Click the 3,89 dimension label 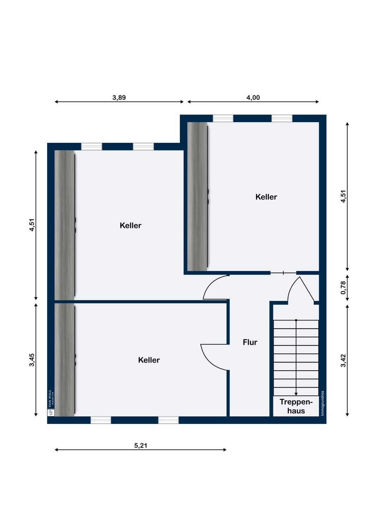pyautogui.click(x=119, y=97)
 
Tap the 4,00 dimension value pyautogui.click(x=253, y=97)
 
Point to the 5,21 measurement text pyautogui.click(x=140, y=446)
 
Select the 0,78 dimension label pyautogui.click(x=343, y=288)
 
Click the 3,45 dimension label pyautogui.click(x=32, y=360)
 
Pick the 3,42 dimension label pyautogui.click(x=343, y=361)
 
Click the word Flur pyautogui.click(x=250, y=342)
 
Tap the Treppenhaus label pyautogui.click(x=296, y=406)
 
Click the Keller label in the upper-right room pyautogui.click(x=266, y=197)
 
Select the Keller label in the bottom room pyautogui.click(x=149, y=360)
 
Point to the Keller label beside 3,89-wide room pyautogui.click(x=131, y=225)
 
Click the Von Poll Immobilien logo pyautogui.click(x=51, y=402)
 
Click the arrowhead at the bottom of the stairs pyautogui.click(x=296, y=394)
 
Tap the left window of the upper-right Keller pyautogui.click(x=223, y=118)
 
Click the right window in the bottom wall pyautogui.click(x=168, y=420)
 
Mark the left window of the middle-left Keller pyautogui.click(x=92, y=147)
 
